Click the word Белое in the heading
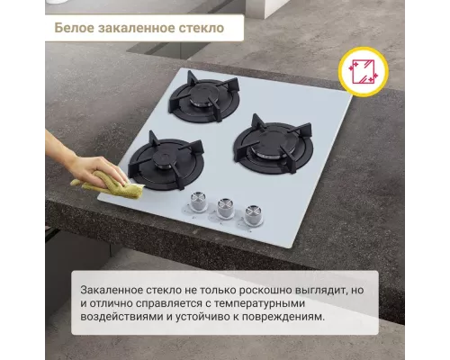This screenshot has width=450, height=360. tap(75, 28)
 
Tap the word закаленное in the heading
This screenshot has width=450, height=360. tap(138, 28)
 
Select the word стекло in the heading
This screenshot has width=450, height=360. tap(202, 28)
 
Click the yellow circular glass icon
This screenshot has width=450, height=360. tap(363, 70)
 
